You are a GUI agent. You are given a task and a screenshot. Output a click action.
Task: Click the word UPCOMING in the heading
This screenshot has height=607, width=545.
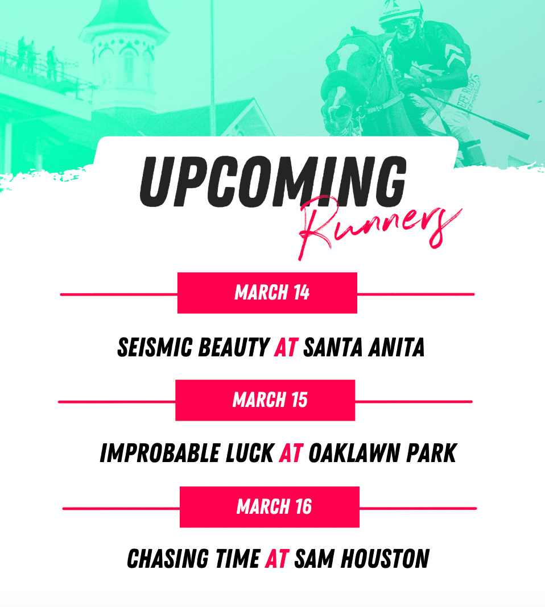[272, 181]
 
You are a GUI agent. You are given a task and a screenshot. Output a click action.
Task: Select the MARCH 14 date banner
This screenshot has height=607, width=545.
[267, 293]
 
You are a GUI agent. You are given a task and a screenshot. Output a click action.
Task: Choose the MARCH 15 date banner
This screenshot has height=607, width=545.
[265, 400]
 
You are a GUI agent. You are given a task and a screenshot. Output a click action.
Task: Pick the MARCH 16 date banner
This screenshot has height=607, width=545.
[270, 507]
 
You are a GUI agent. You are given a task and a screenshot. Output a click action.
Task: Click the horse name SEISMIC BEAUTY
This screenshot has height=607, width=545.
[193, 347]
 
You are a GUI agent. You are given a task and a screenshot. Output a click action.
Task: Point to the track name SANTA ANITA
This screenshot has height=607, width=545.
[364, 347]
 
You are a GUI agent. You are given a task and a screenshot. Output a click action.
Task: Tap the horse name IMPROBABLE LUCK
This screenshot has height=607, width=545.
[187, 453]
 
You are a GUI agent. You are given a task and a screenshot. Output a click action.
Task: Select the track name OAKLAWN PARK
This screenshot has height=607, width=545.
[383, 453]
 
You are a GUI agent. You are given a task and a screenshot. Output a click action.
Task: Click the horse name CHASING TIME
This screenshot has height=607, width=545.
[193, 559]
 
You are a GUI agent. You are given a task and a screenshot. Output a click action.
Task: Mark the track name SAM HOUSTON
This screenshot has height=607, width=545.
[362, 559]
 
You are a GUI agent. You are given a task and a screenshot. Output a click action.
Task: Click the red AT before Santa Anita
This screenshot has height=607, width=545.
[286, 347]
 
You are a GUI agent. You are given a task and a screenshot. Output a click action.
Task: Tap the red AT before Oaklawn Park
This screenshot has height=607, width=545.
[291, 453]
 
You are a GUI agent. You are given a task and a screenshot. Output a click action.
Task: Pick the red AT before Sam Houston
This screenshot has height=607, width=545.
[277, 559]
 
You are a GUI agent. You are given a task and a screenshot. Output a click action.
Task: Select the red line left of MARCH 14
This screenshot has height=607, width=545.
[119, 294]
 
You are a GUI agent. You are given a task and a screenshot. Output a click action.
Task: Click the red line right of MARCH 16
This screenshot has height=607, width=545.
[418, 508]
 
